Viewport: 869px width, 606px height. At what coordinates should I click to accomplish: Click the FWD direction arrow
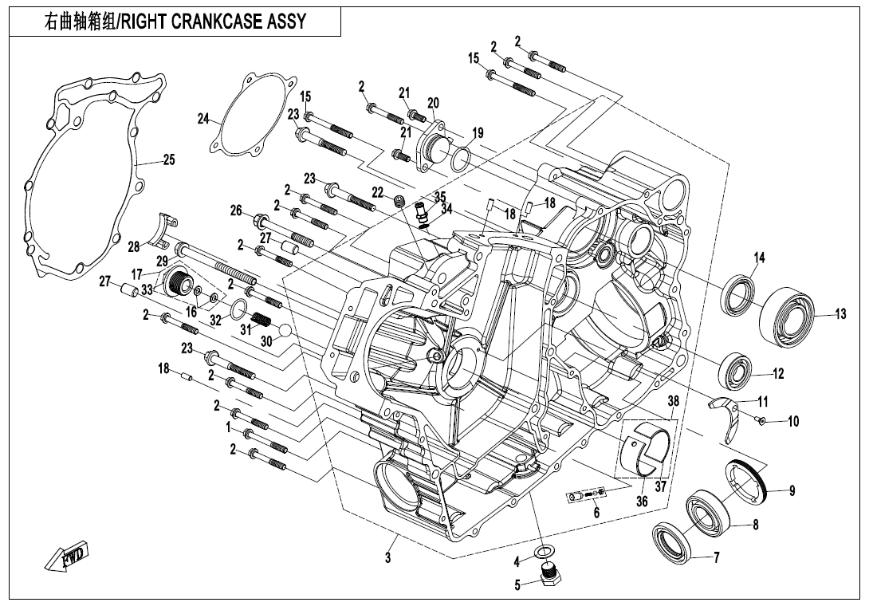pyautogui.click(x=68, y=557)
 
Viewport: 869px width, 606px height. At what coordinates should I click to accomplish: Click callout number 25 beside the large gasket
pyautogui.click(x=168, y=159)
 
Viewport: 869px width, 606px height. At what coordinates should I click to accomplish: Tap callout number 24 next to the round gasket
pyautogui.click(x=204, y=119)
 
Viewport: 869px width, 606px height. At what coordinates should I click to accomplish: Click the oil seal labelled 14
pyautogui.click(x=739, y=293)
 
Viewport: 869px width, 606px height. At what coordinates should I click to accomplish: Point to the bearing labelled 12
pyautogui.click(x=735, y=371)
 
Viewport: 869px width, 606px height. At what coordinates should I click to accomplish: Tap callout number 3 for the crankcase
pyautogui.click(x=388, y=558)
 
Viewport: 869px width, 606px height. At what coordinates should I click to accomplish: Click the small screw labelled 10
pyautogui.click(x=762, y=420)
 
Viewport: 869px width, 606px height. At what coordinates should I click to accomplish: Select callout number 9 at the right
pyautogui.click(x=792, y=491)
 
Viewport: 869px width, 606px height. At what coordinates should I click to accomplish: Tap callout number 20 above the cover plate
pyautogui.click(x=433, y=103)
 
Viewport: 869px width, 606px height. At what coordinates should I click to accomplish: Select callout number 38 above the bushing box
pyautogui.click(x=673, y=401)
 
